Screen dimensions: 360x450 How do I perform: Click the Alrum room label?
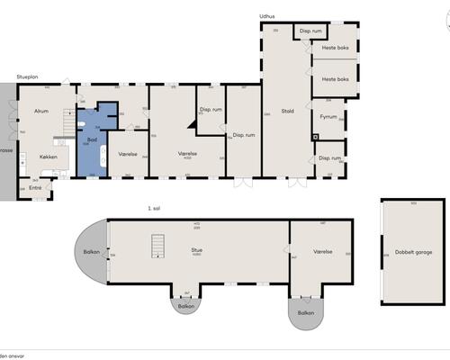[x=41, y=111]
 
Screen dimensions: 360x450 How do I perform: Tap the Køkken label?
[x=48, y=157]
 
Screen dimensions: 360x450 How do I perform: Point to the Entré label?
[x=35, y=187]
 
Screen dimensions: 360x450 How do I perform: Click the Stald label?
[x=287, y=111]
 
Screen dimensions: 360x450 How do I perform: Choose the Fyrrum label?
[x=328, y=117]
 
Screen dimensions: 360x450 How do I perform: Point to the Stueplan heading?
[x=27, y=78]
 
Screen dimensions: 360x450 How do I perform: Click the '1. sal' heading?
[x=154, y=208]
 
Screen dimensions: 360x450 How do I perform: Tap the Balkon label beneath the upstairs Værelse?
[x=307, y=313]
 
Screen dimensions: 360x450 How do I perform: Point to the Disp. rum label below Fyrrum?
[x=328, y=157]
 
